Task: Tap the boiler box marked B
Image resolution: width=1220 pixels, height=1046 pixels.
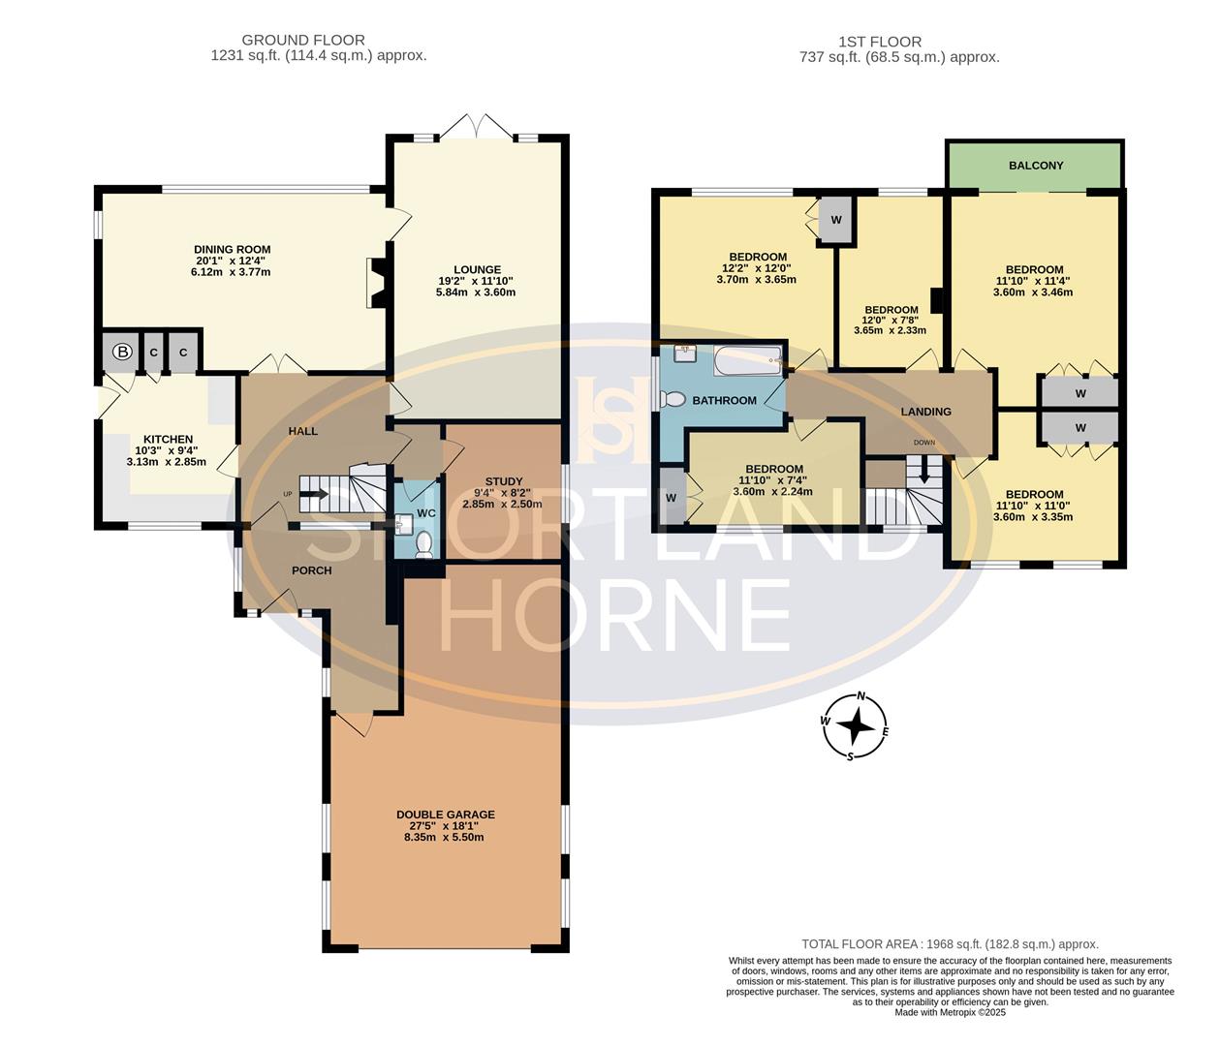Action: coord(122,353)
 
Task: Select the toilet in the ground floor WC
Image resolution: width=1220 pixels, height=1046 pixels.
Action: coord(423,546)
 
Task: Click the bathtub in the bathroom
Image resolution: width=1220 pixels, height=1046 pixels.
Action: coord(747,362)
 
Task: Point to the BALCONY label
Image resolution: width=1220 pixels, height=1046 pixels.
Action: coord(1036,166)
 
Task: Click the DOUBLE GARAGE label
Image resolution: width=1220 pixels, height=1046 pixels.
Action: coord(445,815)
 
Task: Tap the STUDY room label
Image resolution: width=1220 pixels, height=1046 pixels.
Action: coord(504,481)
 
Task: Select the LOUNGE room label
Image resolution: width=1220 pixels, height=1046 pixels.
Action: coord(477,270)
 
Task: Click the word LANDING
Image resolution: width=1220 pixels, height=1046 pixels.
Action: coord(925,412)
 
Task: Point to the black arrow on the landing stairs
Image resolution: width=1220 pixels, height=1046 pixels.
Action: coord(923,472)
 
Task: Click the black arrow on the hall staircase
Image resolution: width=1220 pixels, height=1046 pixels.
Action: coord(316,493)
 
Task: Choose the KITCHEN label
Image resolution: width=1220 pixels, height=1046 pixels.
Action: coord(168,440)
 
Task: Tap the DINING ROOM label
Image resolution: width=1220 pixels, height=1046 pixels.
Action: coord(233,250)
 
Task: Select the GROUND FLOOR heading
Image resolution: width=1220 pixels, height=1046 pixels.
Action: coord(303,40)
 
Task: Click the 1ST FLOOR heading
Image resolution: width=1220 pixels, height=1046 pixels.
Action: coord(880,42)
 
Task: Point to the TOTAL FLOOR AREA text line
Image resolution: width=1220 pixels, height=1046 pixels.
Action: coord(950,944)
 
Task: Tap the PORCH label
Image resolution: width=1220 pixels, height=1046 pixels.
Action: coord(311,570)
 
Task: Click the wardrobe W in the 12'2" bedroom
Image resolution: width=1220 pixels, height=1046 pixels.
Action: coord(836,220)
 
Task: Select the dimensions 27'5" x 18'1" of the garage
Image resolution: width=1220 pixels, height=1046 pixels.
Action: coord(445,826)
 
